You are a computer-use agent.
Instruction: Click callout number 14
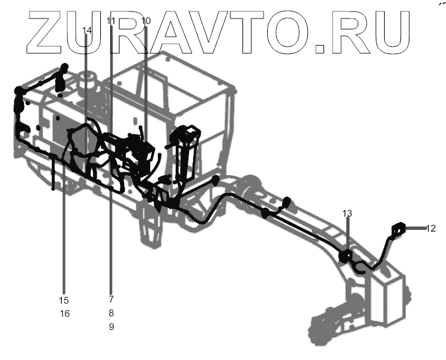[x=86, y=31]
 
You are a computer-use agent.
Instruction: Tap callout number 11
[x=110, y=21]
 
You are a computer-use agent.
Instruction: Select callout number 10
[x=146, y=21]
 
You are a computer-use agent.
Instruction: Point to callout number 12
[x=431, y=228]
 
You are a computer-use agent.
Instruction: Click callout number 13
[x=348, y=214]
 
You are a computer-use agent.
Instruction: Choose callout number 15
[x=64, y=300]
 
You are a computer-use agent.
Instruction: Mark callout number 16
[x=64, y=314]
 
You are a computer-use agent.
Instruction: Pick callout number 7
[x=111, y=298]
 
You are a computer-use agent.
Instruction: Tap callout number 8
[x=111, y=313]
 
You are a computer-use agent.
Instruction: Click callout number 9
[x=111, y=327]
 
